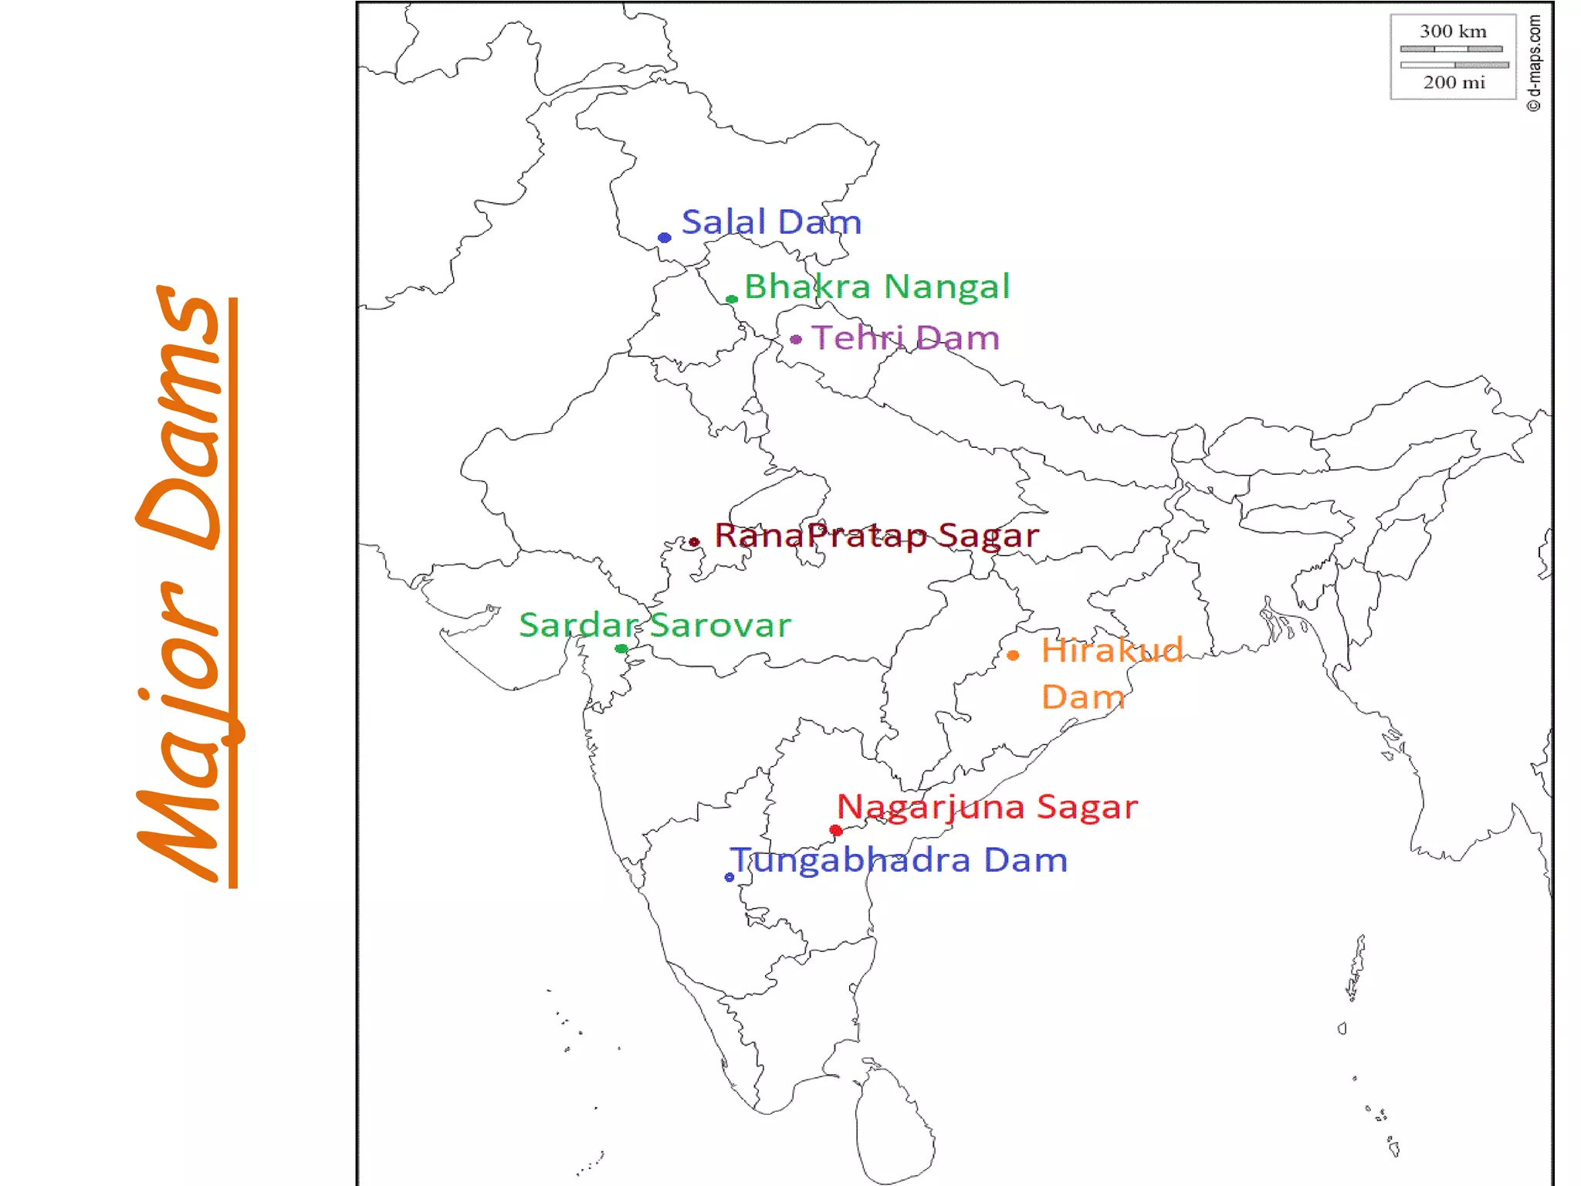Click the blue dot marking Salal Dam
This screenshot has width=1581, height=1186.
point(664,238)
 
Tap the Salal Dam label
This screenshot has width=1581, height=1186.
point(771,222)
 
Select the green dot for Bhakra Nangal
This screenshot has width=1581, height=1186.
point(731,300)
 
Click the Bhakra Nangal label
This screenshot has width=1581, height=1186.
point(877,286)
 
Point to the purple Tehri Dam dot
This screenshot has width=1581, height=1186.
point(796,339)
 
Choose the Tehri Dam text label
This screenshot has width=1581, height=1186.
point(906,338)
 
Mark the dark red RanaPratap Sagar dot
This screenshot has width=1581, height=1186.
point(694,542)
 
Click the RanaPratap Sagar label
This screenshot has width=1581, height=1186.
point(877,535)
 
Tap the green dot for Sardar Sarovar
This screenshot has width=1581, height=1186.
point(621,649)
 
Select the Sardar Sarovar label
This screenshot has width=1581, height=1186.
point(655,625)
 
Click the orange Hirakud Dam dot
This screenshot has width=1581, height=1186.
point(1013,656)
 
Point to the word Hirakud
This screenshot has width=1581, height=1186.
point(1112,650)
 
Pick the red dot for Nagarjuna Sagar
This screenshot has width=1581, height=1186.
point(836,831)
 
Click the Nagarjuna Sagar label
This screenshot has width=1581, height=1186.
point(987,807)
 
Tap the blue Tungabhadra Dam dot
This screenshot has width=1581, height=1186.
point(730,877)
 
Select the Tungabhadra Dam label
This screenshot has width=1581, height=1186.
point(900,860)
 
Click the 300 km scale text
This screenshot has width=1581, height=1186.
point(1453,32)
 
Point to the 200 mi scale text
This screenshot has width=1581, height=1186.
point(1454,83)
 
